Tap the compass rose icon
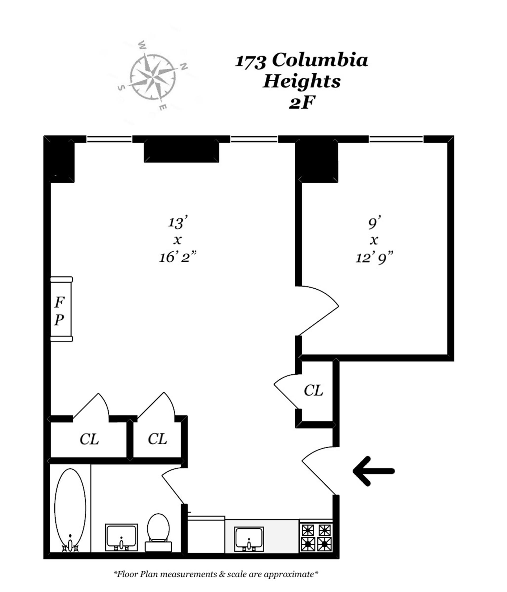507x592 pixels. point(153,77)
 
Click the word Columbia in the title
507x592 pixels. point(320,60)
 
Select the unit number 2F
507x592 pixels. point(302,102)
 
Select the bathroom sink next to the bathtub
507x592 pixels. point(121,537)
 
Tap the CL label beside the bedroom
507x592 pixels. point(313,390)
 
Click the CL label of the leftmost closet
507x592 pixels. point(89,439)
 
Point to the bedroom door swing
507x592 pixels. point(317,310)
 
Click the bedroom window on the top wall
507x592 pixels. point(396,139)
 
